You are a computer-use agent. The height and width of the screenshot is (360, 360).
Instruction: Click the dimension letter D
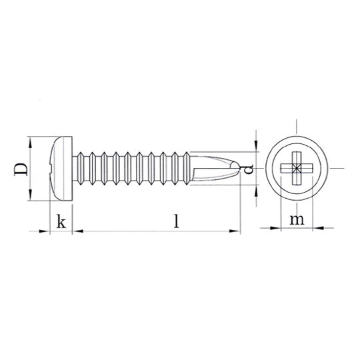21,170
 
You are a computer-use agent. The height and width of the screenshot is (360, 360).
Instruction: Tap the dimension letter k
61,221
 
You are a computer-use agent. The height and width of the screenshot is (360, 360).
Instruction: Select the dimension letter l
176,221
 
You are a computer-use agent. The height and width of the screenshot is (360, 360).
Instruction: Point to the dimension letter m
297,220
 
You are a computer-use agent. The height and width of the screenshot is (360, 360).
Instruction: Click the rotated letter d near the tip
249,169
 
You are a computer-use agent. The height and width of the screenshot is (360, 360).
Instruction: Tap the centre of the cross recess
297,168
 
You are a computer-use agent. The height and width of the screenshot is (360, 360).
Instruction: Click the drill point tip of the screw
239,167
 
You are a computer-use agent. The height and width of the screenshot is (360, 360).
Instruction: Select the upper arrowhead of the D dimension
29,143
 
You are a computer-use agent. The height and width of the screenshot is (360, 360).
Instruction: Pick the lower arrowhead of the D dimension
29,195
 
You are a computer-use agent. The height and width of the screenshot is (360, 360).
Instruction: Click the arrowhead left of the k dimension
45,231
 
